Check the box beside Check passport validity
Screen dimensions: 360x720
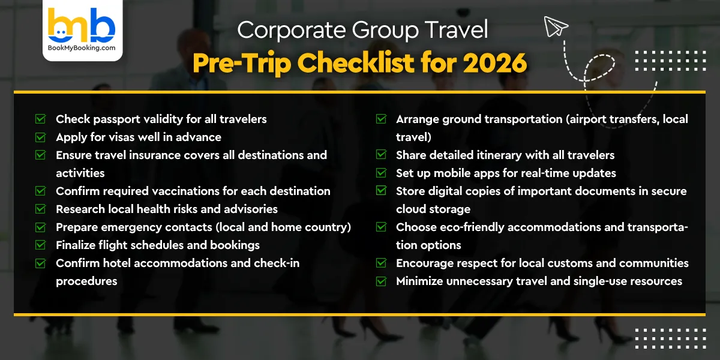[41, 119]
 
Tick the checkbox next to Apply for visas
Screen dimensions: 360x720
[41, 137]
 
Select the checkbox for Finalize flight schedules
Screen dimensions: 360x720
[41, 245]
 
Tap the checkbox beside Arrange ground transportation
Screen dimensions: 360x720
[381, 119]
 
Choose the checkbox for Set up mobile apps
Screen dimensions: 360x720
[381, 173]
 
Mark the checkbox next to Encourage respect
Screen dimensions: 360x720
[381, 263]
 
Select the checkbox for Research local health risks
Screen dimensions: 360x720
[41, 209]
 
